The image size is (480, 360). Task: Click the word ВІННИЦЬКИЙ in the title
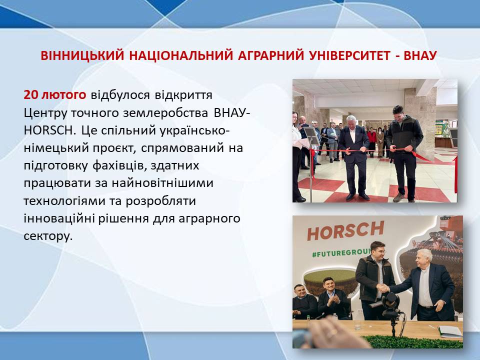[x=82, y=55]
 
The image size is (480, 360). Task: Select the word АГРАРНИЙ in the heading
[x=271, y=55]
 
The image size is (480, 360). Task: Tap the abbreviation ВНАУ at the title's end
[x=420, y=55]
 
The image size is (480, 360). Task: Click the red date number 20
[x=30, y=95]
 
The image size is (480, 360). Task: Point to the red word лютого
[x=64, y=95]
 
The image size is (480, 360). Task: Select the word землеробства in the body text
[x=165, y=113]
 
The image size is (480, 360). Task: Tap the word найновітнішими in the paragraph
[x=162, y=183]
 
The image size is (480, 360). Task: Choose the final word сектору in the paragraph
[x=48, y=236]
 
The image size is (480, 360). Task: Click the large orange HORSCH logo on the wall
[x=345, y=230]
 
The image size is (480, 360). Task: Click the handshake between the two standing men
[x=383, y=288]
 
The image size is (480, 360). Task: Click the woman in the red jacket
[x=372, y=141]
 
